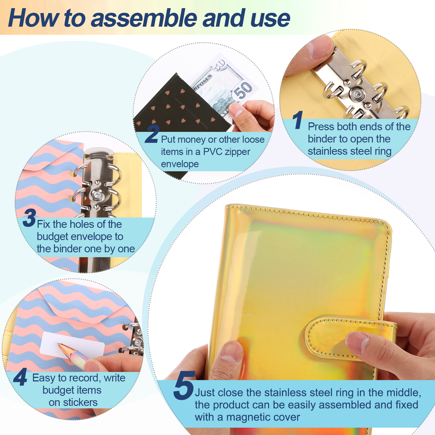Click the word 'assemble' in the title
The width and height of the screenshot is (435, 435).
145,18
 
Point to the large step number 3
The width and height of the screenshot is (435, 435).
29,218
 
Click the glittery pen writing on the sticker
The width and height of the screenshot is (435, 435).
73,355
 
